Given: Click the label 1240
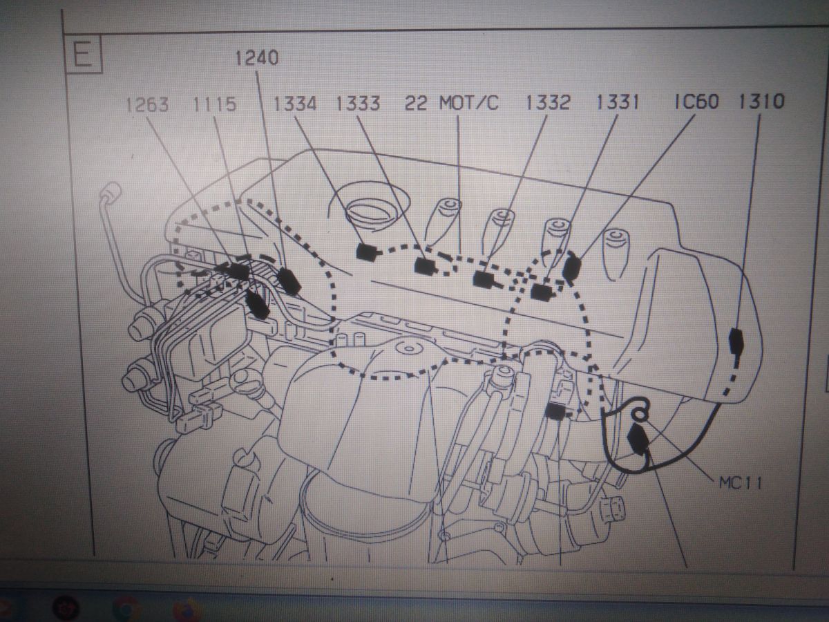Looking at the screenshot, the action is (257, 58).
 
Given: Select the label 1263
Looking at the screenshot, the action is (147, 104).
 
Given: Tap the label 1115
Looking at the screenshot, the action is (214, 104).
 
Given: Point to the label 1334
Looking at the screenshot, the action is (294, 104).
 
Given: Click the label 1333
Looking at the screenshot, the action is (358, 103).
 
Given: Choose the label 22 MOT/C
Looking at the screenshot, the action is (451, 103).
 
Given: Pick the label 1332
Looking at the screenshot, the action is (548, 102).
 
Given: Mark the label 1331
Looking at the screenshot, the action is (618, 102).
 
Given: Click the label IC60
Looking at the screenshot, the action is (696, 102).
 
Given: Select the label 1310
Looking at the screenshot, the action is (761, 101).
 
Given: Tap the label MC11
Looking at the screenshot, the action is (741, 483).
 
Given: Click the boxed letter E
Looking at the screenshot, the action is (83, 54).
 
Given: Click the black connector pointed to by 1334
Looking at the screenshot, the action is (366, 252).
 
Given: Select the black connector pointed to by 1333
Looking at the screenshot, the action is (426, 266).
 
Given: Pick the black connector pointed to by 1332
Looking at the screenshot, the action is (486, 280).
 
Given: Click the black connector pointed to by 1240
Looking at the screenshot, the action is (289, 281).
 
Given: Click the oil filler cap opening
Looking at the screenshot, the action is (368, 209).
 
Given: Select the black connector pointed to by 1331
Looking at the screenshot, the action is (542, 291).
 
